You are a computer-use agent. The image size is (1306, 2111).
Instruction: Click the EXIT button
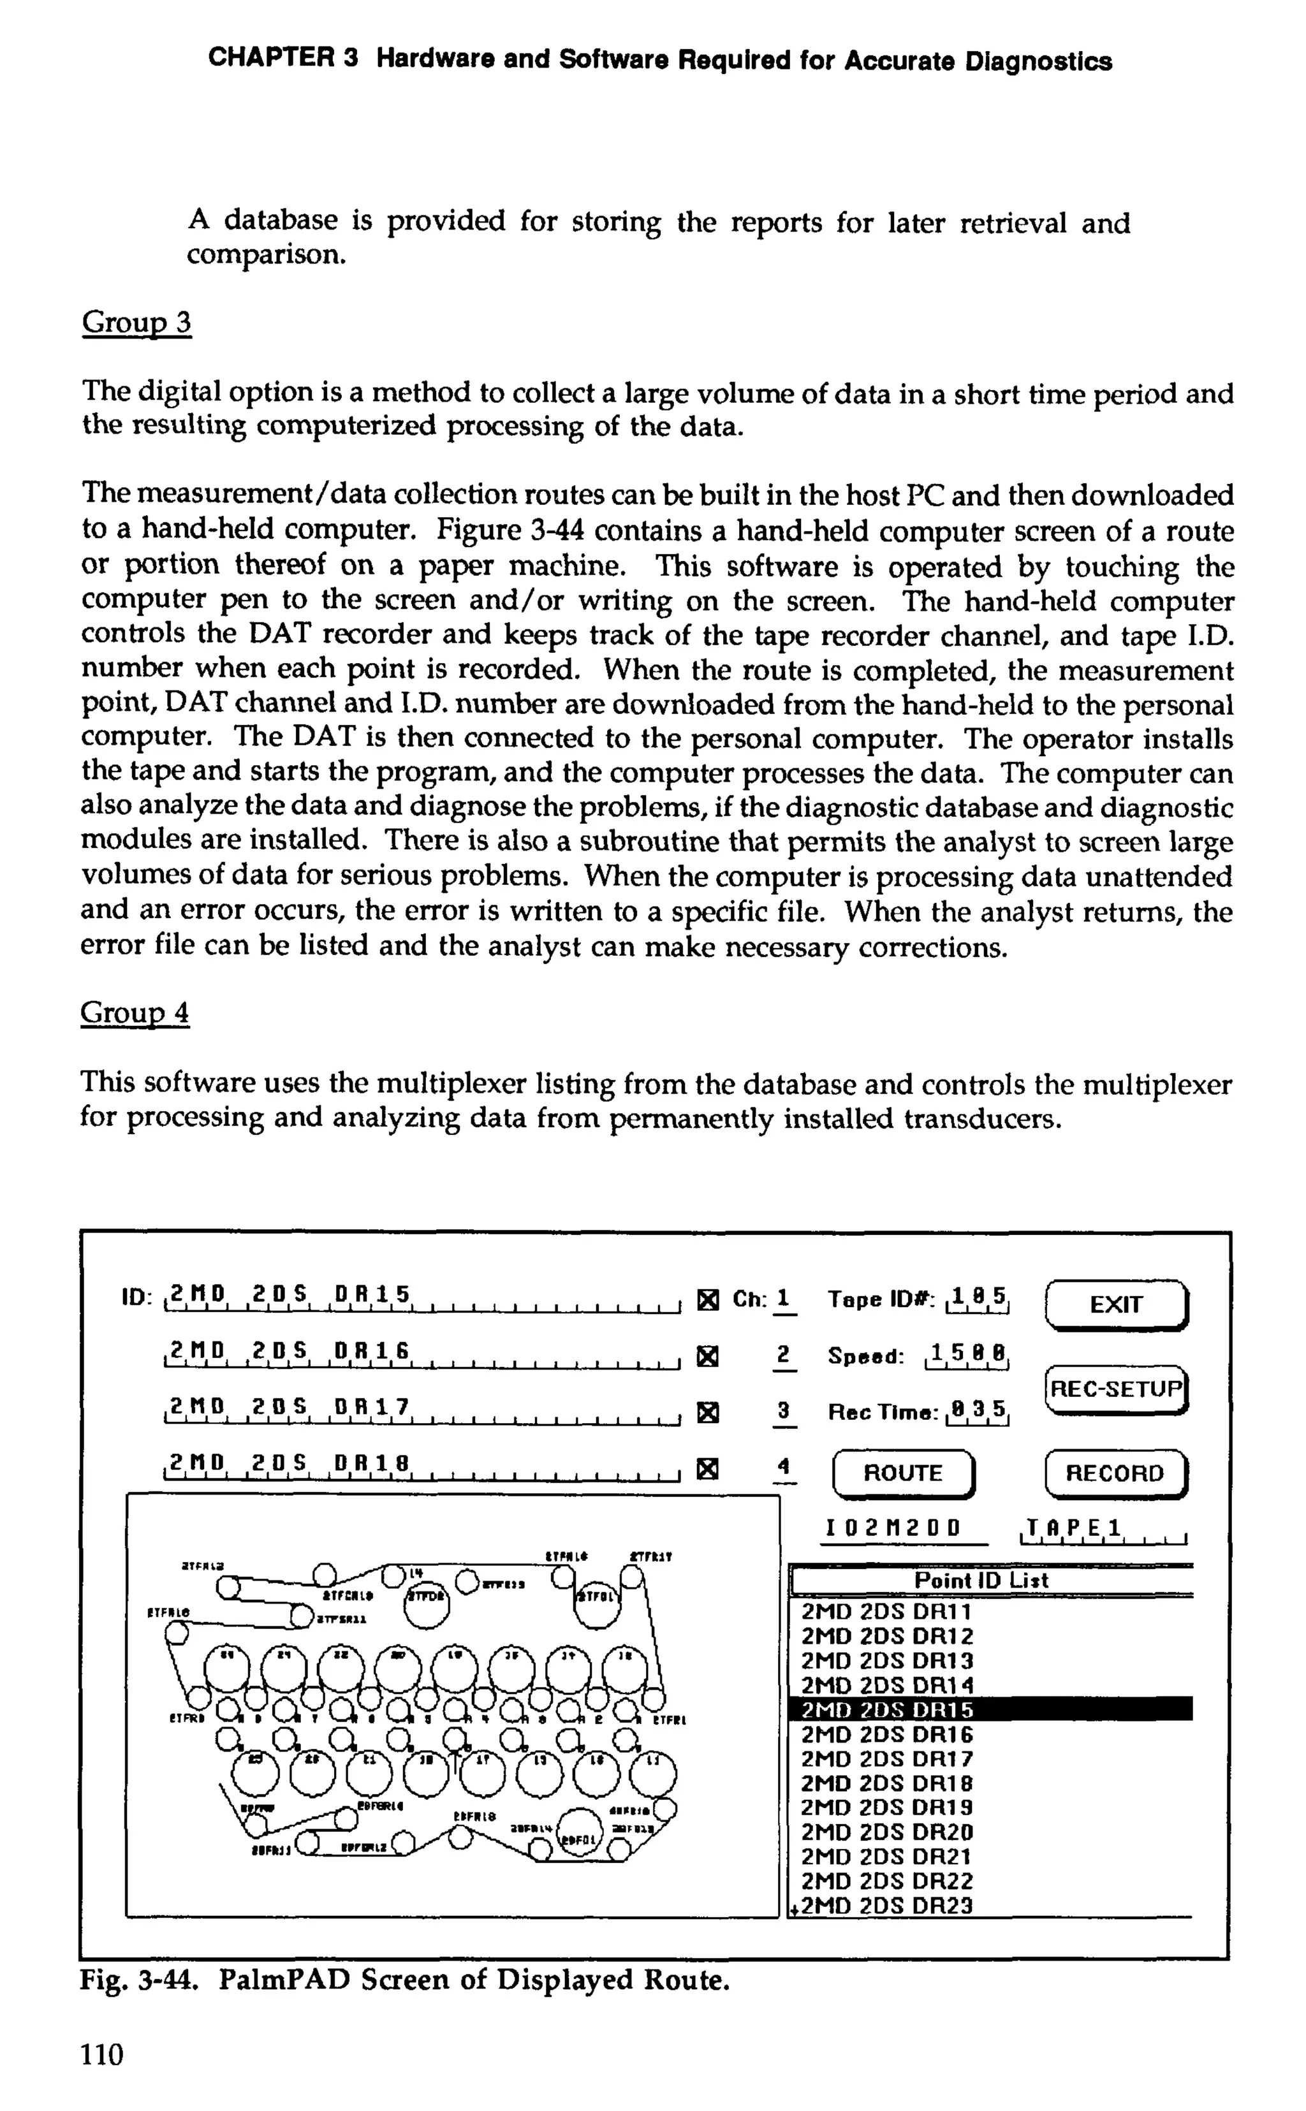click(1116, 1304)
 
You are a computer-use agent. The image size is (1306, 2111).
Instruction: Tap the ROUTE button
click(902, 1473)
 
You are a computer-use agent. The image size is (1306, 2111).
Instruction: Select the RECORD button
click(1115, 1473)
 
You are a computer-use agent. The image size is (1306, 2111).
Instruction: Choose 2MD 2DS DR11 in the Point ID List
click(887, 1612)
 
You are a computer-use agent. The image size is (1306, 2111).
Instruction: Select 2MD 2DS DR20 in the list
click(887, 1831)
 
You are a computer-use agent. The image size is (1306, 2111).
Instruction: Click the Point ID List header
click(981, 1580)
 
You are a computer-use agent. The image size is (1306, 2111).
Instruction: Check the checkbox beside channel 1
click(707, 1299)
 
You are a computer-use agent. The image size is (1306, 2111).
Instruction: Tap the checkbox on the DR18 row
click(707, 1468)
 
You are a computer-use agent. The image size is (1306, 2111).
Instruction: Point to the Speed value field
click(967, 1355)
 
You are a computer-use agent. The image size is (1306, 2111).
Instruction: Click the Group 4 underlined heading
click(135, 1012)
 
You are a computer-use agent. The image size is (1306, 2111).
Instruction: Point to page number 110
click(102, 2054)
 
